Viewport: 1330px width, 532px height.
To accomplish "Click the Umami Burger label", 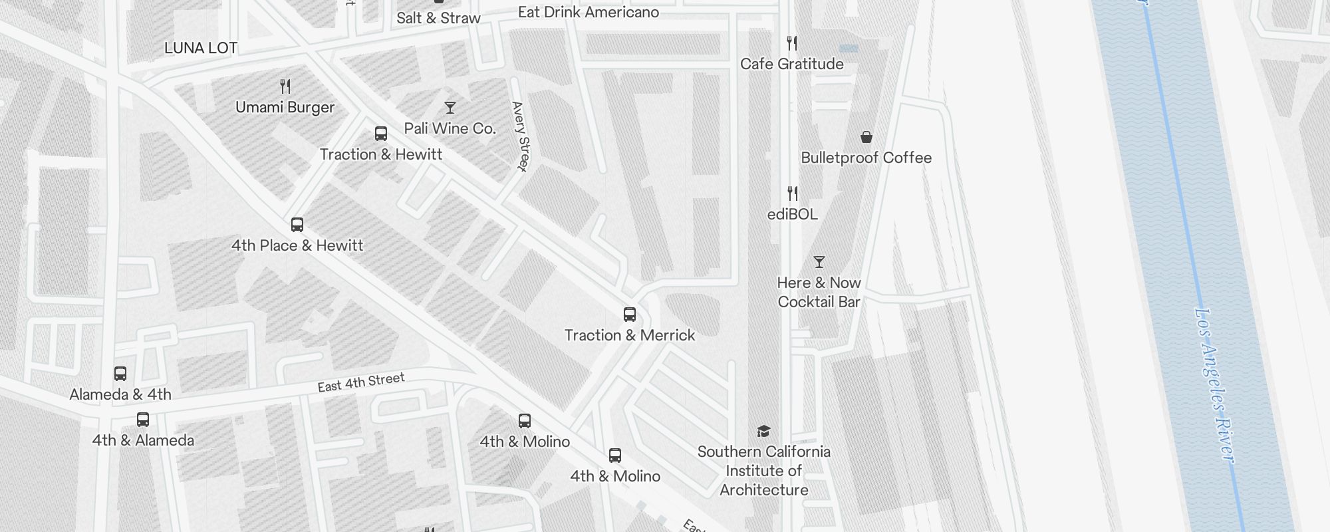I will tap(285, 107).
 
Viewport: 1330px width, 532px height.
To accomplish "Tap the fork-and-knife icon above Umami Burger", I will tap(285, 86).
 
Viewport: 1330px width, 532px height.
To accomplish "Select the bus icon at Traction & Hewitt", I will tap(381, 134).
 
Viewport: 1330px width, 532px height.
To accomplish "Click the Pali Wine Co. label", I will tap(450, 128).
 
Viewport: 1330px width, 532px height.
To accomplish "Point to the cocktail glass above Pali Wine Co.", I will tap(450, 108).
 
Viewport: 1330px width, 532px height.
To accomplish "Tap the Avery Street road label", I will tap(521, 136).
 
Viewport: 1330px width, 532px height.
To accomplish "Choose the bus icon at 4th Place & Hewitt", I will tap(297, 225).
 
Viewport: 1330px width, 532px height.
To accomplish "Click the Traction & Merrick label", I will tap(630, 335).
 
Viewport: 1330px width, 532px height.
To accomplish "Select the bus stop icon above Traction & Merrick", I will tap(630, 315).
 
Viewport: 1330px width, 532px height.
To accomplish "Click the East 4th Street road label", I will tap(361, 382).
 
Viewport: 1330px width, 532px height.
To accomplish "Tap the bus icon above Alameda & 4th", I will tap(120, 374).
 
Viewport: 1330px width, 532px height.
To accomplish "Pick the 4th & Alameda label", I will tap(143, 440).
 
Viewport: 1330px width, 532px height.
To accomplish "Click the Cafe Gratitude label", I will tap(791, 64).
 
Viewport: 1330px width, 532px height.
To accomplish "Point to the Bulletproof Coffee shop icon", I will tap(866, 137).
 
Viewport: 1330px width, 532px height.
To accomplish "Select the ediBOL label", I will tap(792, 214).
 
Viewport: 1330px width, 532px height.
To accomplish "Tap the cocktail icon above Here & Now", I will tap(819, 262).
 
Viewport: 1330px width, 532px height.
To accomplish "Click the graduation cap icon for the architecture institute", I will tap(763, 432).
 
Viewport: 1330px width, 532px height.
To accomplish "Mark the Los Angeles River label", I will tap(1215, 385).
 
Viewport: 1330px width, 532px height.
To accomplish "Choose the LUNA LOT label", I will tap(201, 48).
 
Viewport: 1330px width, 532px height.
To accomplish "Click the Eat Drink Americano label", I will tap(589, 12).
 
